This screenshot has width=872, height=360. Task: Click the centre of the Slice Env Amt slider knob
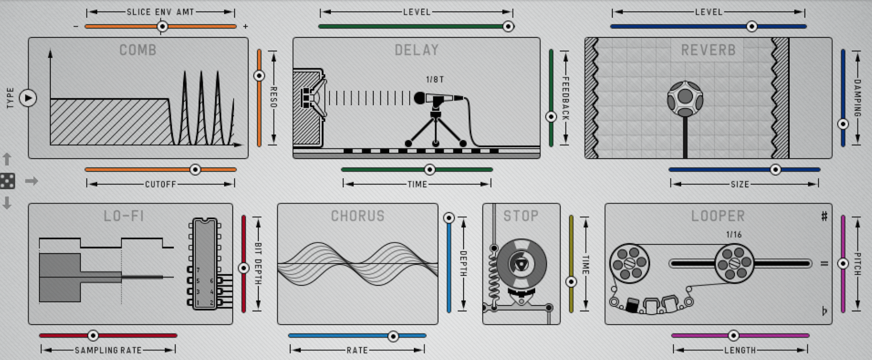coord(162,26)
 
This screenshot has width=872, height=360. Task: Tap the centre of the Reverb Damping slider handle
coord(843,124)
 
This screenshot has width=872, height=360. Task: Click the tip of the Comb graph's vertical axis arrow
coord(50,50)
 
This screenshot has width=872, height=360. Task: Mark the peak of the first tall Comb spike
coord(185,71)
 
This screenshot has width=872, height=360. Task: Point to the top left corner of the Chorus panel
coord(277,204)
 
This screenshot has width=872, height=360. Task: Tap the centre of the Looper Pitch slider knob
coord(843,264)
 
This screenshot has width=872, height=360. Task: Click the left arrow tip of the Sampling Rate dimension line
coord(42,350)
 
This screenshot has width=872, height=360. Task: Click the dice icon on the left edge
coord(7,181)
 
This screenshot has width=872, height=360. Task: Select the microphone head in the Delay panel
coord(420,98)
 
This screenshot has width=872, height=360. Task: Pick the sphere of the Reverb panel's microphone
coord(685,99)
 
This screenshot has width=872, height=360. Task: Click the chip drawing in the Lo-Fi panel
coord(205,264)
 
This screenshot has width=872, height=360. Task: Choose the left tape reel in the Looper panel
coord(629,263)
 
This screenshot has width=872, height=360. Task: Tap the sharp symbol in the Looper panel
coord(824,216)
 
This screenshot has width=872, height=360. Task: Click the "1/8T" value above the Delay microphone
coord(435,80)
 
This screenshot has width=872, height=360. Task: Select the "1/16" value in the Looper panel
coord(734,235)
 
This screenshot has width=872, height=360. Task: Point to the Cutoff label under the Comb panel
coord(160,185)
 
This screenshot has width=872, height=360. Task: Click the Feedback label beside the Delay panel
coord(566,98)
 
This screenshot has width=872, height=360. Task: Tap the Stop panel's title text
coord(521,216)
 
